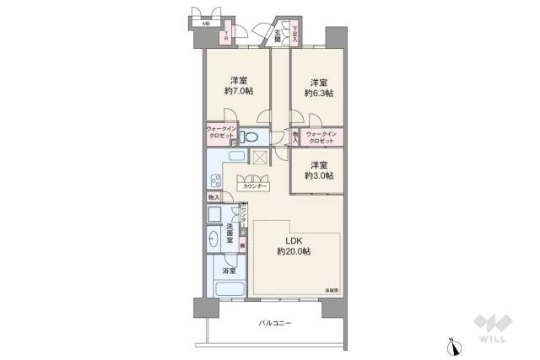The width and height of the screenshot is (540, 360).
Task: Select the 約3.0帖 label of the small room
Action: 319,175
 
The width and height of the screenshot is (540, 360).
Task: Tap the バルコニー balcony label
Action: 275,323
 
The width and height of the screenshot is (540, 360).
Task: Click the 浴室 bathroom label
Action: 229,271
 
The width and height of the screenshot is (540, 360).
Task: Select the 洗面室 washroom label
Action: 230,232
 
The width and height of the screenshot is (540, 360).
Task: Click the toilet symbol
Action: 248,137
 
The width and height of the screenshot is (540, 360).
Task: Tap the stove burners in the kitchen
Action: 215,179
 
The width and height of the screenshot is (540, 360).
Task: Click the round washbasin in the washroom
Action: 214,239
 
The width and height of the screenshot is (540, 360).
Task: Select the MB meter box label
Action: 205,24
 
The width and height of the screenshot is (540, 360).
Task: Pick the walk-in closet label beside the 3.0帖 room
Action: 322,137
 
